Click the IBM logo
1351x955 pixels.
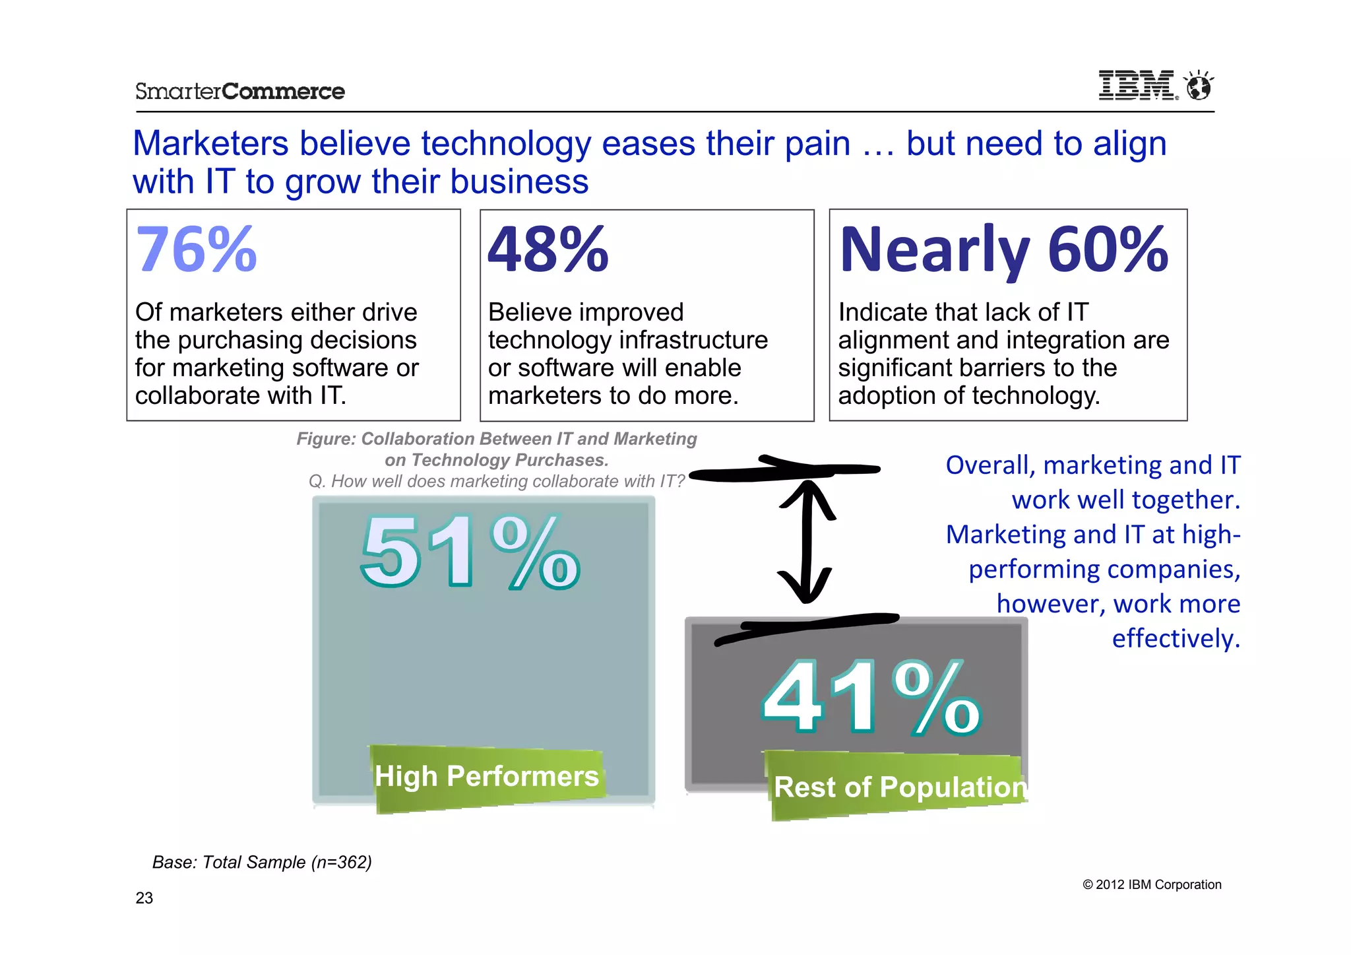tap(1137, 86)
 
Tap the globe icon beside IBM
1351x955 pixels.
tap(1198, 86)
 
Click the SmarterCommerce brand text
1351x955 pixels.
tap(240, 91)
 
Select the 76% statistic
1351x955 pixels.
tap(196, 249)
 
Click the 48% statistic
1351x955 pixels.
tap(548, 249)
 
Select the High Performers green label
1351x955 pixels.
tap(487, 777)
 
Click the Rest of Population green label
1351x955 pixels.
tap(899, 787)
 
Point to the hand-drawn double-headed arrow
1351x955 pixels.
tap(805, 541)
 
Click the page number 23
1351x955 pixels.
tap(144, 898)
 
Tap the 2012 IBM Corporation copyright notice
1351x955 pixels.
tap(1152, 885)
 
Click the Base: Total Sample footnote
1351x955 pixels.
tap(262, 863)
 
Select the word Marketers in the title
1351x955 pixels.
tap(210, 144)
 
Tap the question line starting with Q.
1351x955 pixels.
tap(497, 481)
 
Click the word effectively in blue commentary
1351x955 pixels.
tap(1176, 639)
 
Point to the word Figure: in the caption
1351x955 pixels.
tap(326, 439)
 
